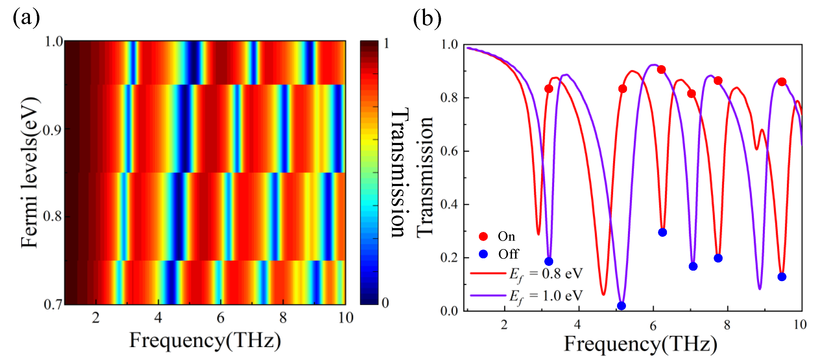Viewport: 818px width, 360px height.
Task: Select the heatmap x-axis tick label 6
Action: [220, 318]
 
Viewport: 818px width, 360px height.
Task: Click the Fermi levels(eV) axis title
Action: [30, 173]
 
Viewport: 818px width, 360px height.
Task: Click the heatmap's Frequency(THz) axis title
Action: [205, 341]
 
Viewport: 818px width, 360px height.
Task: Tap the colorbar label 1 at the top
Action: [386, 44]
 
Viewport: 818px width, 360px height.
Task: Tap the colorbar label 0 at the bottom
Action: [386, 303]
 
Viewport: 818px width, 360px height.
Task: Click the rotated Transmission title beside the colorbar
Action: [399, 173]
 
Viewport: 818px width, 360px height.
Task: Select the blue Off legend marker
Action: [483, 254]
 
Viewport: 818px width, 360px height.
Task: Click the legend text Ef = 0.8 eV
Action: [546, 274]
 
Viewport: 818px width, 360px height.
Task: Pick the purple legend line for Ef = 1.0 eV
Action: [488, 296]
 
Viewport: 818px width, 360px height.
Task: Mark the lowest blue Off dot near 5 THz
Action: [621, 306]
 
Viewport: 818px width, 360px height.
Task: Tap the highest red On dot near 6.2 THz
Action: [661, 70]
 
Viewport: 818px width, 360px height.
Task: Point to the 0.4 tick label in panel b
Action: [449, 204]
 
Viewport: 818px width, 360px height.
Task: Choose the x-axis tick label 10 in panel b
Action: [800, 325]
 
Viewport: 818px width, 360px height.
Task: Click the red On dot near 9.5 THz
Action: [782, 82]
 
